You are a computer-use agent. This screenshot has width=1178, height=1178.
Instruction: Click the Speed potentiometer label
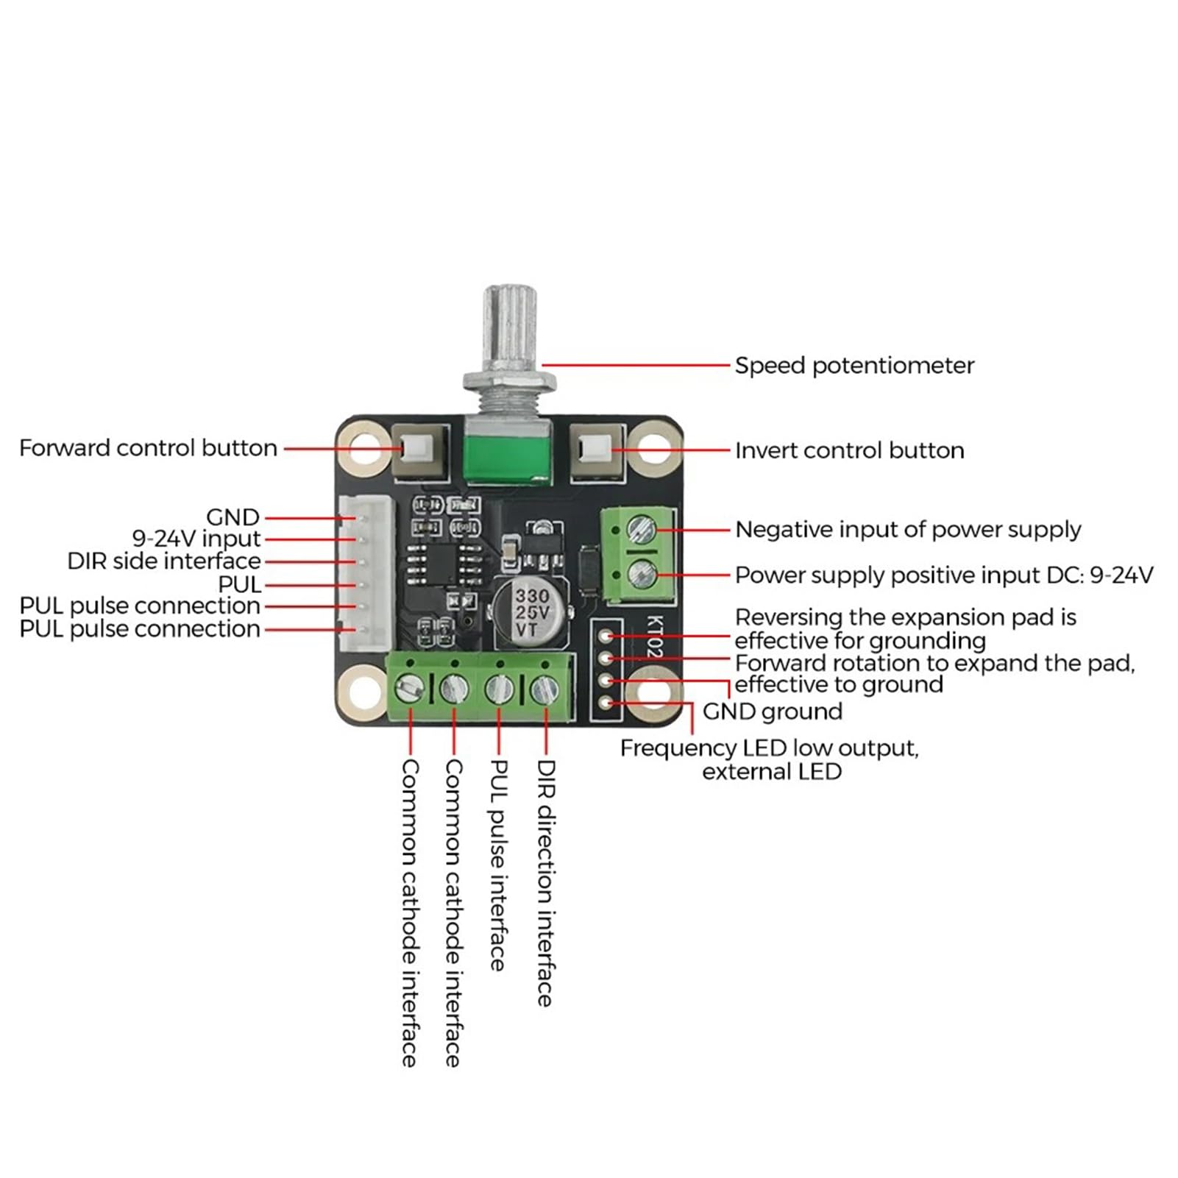pyautogui.click(x=854, y=366)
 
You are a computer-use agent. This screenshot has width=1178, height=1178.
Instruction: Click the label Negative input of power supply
pyautogui.click(x=908, y=530)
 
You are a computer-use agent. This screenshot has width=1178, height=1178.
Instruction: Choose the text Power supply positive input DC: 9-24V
pyautogui.click(x=944, y=575)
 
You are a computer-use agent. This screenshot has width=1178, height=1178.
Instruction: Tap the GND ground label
pyautogui.click(x=772, y=712)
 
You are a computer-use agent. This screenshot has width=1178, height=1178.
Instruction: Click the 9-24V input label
pyautogui.click(x=196, y=539)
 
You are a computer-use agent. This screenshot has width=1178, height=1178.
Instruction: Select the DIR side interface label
pyautogui.click(x=164, y=561)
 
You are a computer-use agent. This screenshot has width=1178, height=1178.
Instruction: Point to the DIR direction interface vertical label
pyautogui.click(x=545, y=883)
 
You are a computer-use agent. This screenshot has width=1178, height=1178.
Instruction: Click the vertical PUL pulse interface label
pyautogui.click(x=499, y=865)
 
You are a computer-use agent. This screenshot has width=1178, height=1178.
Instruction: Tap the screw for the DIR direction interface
pyautogui.click(x=544, y=689)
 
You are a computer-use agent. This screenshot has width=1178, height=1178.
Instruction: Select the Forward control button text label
pyautogui.click(x=148, y=448)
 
